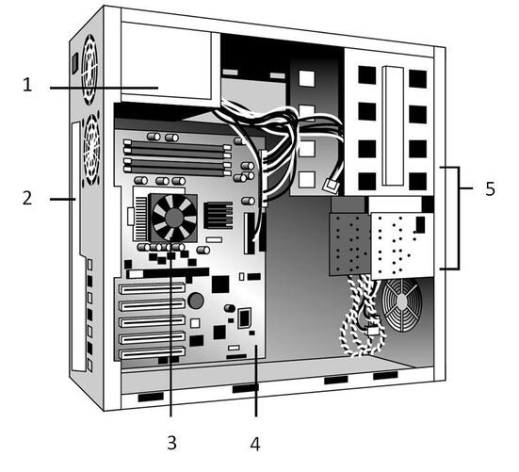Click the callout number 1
pos(27,84)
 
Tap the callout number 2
pos(27,198)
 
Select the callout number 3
pos(171,442)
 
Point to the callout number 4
pos(255,443)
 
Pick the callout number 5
pos(490,188)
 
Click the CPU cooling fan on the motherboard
pos(173,218)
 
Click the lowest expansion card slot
pos(152,353)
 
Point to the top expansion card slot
pos(152,288)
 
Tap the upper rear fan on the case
pos(89,69)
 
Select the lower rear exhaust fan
pos(91,149)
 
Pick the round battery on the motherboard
pos(196,301)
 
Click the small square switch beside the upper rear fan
pos(74,63)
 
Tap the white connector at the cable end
pos(331,186)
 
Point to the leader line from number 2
pos(63,199)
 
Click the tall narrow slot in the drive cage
pos(393,126)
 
